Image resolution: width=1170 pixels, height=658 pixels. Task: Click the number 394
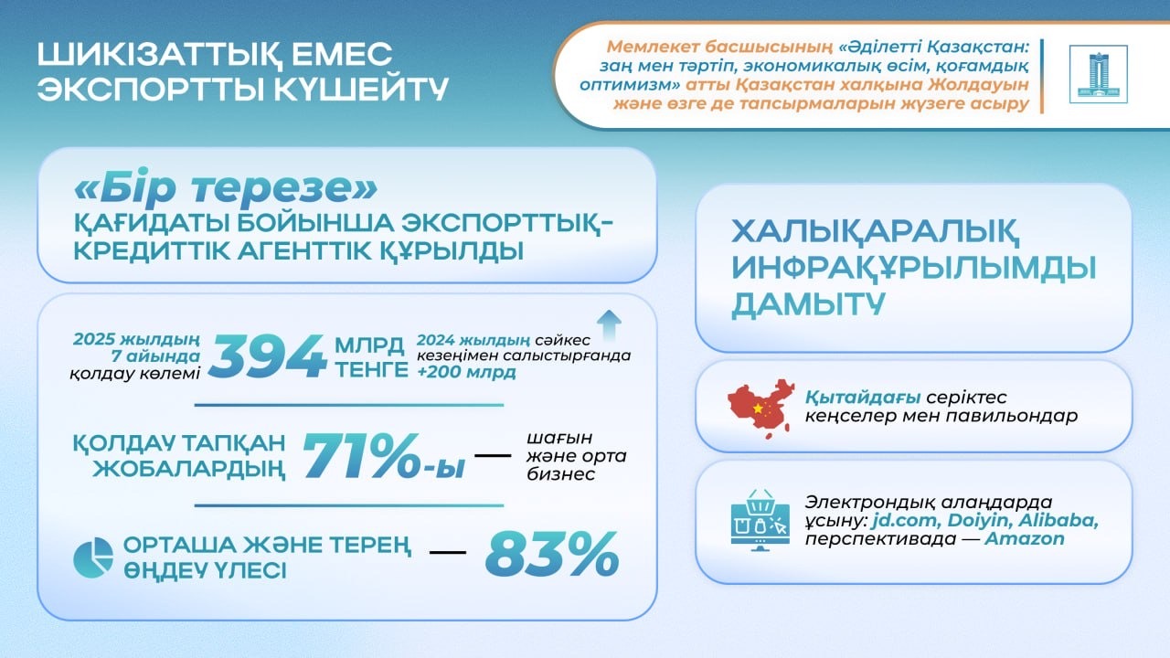point(267,356)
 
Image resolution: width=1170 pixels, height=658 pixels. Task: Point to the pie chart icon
point(93,557)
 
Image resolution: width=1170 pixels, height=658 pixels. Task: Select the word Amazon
point(1025,538)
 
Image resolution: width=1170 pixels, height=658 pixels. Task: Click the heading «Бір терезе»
point(224,189)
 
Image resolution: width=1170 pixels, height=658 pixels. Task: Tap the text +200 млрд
point(465,372)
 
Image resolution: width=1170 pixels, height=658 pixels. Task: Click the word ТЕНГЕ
point(370,369)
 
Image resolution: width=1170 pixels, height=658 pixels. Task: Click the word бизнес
point(560,474)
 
